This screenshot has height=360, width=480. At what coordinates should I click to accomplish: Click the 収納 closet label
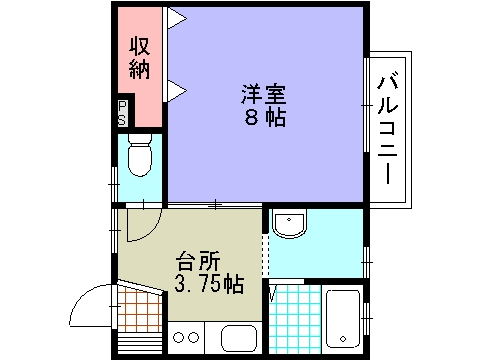pos(138,58)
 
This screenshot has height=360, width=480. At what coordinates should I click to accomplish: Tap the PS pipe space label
pos(122,113)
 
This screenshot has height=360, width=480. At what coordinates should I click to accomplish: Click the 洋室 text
pos(263,96)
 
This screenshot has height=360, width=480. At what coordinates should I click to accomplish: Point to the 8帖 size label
pos(263,118)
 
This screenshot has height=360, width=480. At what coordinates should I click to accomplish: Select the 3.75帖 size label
pos(208,285)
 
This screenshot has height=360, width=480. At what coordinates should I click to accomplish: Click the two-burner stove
pos(185,338)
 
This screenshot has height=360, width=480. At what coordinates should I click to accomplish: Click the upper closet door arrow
pos(175,17)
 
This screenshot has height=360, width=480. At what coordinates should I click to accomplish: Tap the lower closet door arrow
pos(175,91)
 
